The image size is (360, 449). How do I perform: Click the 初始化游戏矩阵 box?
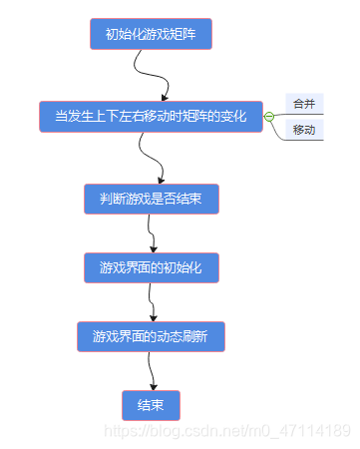click(x=151, y=34)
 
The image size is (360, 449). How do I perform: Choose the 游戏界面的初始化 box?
click(x=151, y=267)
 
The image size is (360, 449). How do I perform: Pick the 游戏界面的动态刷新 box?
click(x=151, y=336)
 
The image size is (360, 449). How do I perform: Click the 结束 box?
click(x=151, y=405)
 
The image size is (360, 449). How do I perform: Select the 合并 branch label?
click(x=304, y=104)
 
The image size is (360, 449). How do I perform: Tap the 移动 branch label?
click(x=304, y=131)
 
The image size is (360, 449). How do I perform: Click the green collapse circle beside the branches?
click(x=269, y=117)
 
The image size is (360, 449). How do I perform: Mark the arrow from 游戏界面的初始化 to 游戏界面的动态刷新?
click(x=152, y=301)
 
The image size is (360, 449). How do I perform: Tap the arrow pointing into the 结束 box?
click(x=152, y=371)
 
